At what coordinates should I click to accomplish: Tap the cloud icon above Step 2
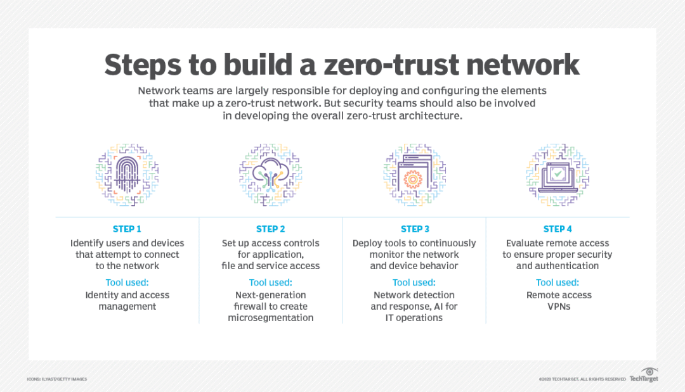(x=271, y=173)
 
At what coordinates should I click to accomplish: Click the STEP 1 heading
(x=127, y=229)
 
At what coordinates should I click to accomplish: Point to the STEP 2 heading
(x=271, y=229)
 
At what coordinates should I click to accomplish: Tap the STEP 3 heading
(x=415, y=229)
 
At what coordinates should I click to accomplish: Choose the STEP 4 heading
(x=558, y=229)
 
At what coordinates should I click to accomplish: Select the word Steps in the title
(x=143, y=65)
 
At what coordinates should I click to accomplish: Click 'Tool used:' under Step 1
(x=127, y=282)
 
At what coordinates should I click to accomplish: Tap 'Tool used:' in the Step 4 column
(x=558, y=282)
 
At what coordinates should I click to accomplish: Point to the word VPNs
(x=558, y=307)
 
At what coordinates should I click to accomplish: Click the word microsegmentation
(x=271, y=318)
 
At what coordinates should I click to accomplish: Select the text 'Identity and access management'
(x=127, y=301)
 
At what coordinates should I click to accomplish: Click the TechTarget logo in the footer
(x=644, y=376)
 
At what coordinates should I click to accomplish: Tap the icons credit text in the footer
(x=56, y=379)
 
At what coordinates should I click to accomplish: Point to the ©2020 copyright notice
(x=582, y=379)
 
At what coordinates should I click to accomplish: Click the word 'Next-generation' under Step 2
(x=271, y=295)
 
